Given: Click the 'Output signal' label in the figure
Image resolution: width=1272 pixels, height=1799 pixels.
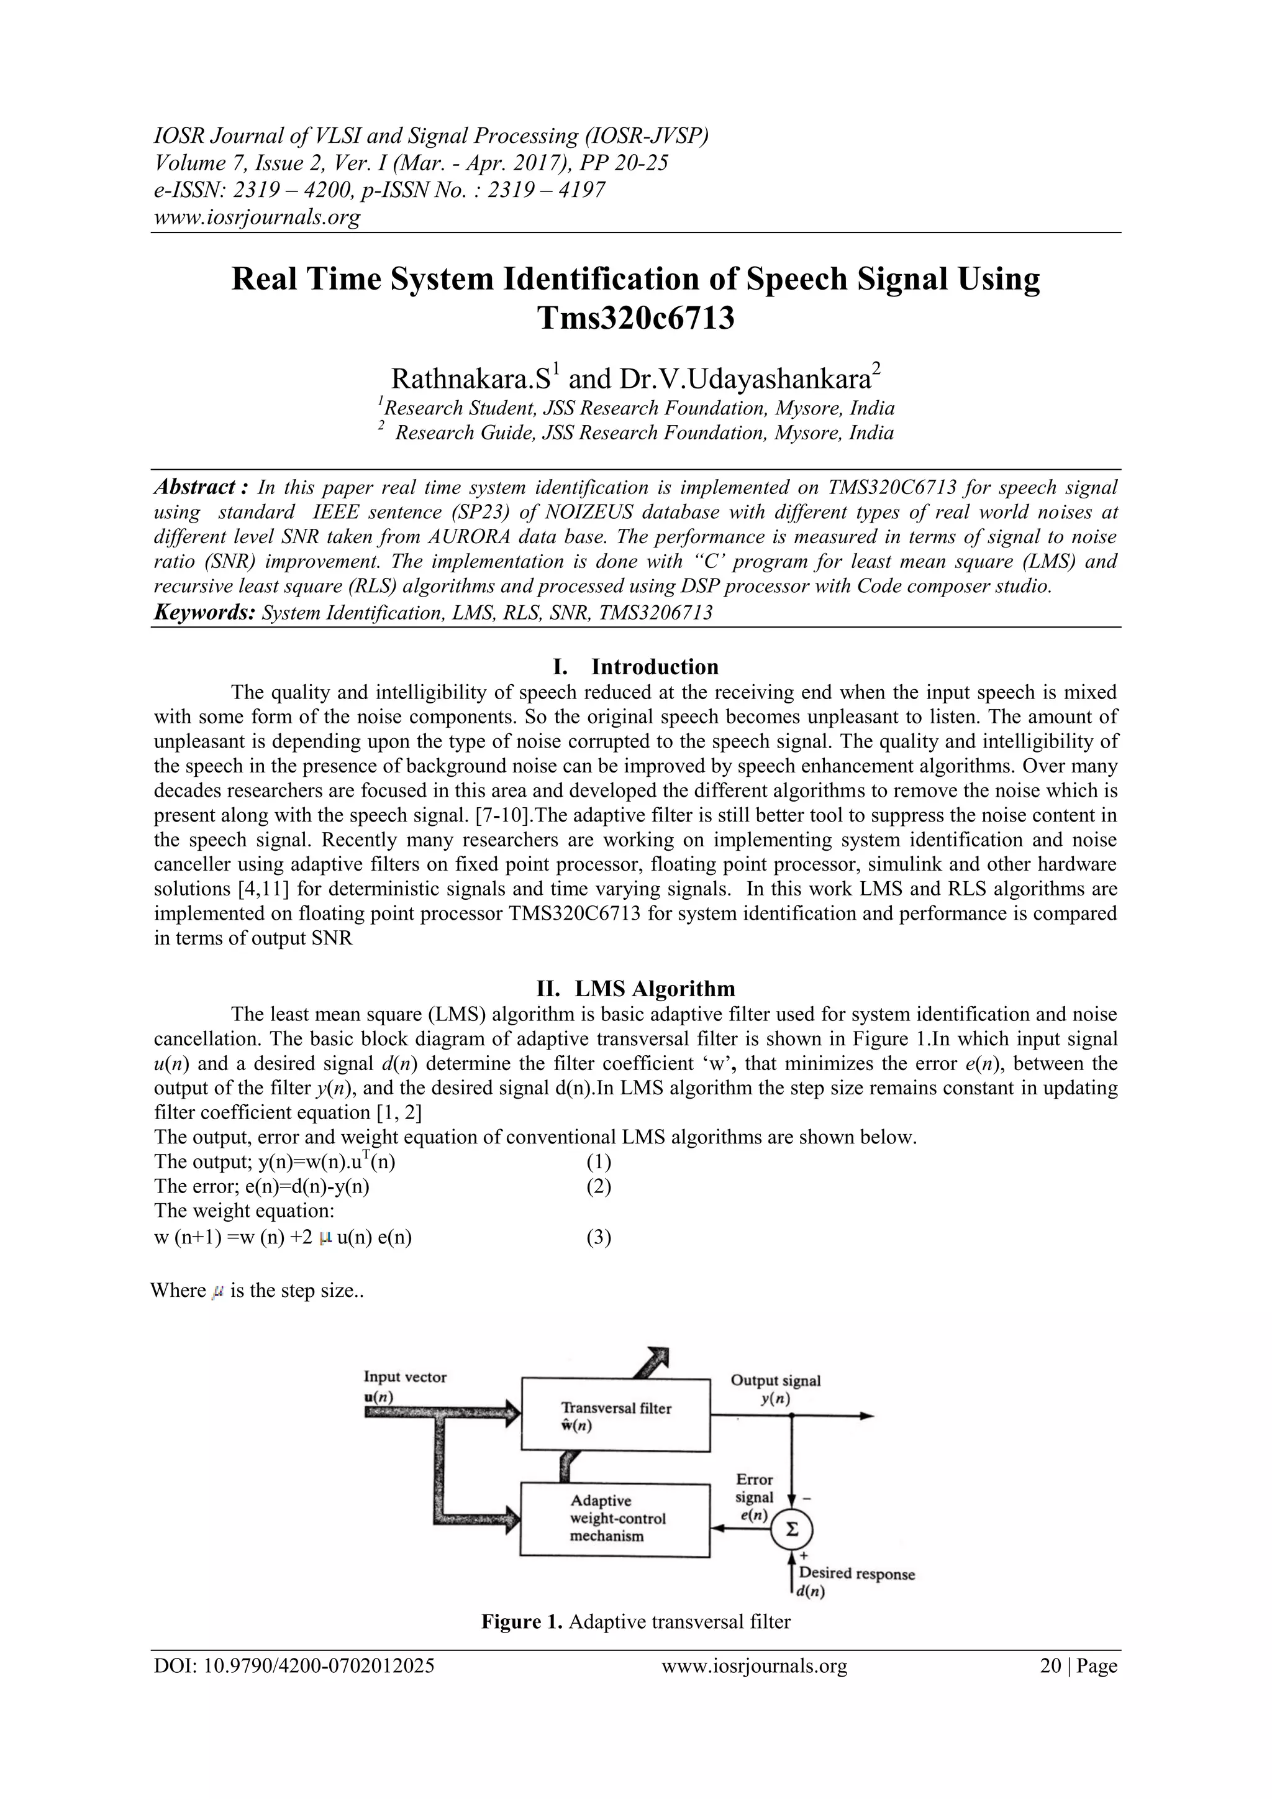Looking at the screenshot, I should tap(775, 1381).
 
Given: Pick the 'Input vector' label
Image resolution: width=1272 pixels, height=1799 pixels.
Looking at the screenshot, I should tap(404, 1376).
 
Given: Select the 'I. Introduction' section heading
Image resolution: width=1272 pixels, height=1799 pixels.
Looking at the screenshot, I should tap(635, 667).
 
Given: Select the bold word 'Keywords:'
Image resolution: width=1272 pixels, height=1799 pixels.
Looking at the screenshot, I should tap(204, 613).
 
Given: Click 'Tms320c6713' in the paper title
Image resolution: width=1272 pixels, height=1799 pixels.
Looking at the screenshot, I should tap(635, 318).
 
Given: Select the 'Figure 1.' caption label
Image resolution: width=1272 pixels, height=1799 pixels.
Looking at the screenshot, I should tap(522, 1622).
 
